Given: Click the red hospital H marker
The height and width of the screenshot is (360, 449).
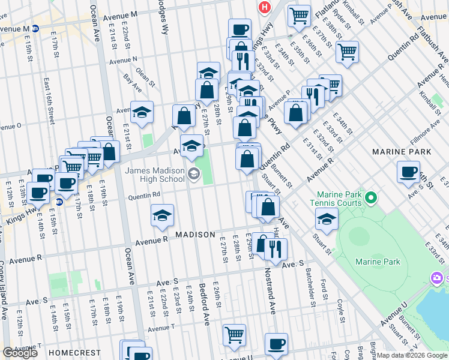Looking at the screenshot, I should pos(263,8).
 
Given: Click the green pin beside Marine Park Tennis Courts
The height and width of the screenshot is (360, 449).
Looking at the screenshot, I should pos(371,197).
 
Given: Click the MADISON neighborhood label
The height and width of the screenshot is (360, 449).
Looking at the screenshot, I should pos(195,234).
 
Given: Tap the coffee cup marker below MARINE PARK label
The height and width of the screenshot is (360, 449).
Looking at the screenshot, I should pos(408,172).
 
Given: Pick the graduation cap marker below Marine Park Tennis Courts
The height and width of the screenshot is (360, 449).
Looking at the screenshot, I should pos(326,219).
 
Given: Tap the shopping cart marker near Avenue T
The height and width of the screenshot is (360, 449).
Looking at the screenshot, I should pos(234,334).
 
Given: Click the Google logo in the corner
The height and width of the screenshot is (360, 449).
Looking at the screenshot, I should pos(20,353).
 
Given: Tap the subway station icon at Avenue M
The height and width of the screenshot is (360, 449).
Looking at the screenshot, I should pos(35,28).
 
